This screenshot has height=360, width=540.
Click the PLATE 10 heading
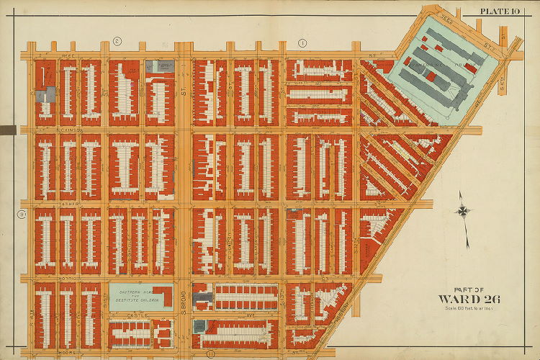500,9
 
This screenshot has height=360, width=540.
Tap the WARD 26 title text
469,300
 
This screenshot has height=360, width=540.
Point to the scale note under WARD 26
469,309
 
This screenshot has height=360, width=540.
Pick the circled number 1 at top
303,43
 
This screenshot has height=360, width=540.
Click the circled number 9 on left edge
22,213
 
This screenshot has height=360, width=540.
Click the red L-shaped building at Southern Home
165,296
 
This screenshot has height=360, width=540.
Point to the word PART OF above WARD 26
468,289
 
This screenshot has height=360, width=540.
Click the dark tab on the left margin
8,130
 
